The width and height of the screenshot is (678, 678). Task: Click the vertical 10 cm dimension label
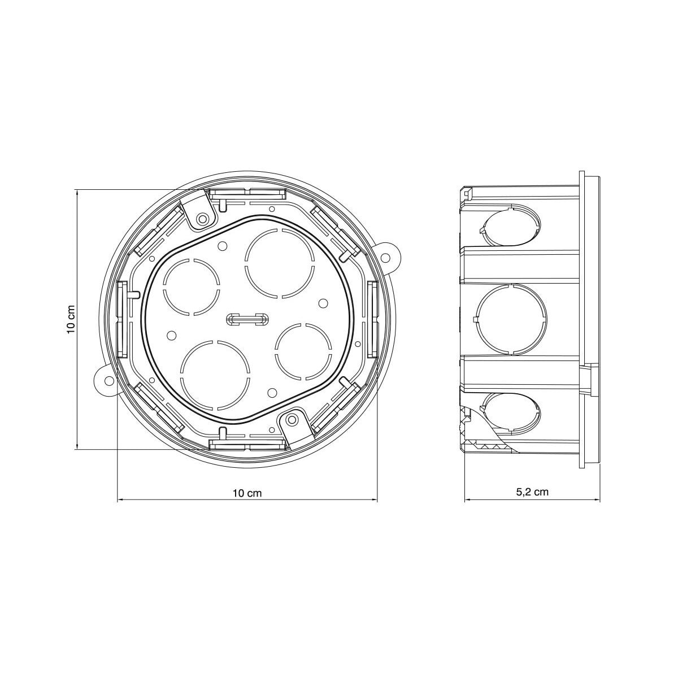(71, 319)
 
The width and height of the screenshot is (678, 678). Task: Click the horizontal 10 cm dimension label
(247, 493)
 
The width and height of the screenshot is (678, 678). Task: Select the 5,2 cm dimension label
(532, 492)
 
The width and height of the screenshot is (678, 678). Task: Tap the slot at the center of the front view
(247, 319)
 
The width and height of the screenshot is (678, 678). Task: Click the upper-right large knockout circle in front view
(280, 263)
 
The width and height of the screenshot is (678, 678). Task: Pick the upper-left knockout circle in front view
(192, 287)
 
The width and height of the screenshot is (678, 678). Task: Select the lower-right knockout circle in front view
(303, 351)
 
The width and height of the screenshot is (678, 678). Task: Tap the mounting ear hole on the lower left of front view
(109, 381)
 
